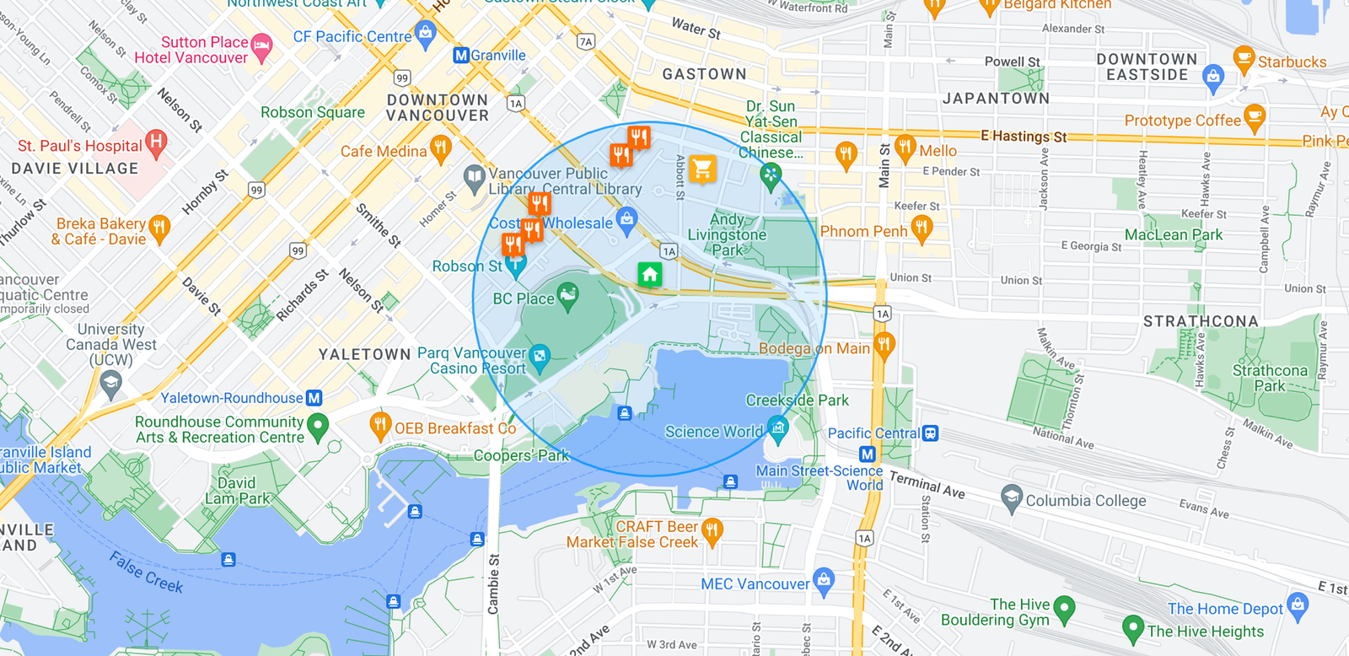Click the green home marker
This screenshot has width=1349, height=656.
[x=649, y=274]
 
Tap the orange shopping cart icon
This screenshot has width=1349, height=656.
[x=702, y=169]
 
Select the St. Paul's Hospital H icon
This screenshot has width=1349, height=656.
[x=156, y=142]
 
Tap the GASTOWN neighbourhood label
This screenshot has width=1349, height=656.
[x=704, y=74]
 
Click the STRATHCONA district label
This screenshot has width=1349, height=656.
[x=1200, y=321]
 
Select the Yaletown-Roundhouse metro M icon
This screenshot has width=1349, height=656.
[x=314, y=397]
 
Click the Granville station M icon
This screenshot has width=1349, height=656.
[x=460, y=55]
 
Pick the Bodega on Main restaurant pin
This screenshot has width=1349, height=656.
[x=884, y=344]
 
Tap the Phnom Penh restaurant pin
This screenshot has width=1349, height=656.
[x=922, y=228]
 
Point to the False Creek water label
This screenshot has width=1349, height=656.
[x=146, y=571]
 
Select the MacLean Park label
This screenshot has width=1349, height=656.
[x=1173, y=234]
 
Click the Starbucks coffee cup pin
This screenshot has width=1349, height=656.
[x=1244, y=58]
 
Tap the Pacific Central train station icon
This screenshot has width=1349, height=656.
[x=930, y=433]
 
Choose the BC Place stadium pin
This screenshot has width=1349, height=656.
[x=568, y=295]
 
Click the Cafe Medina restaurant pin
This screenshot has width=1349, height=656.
[x=439, y=148]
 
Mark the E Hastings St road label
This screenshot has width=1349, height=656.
[x=1024, y=136]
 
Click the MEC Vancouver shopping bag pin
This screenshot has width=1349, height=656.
[x=824, y=580]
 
